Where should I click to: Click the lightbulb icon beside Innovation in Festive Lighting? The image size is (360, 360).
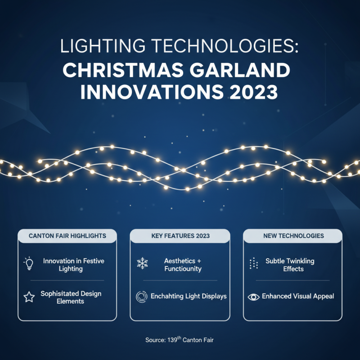[x=28, y=264]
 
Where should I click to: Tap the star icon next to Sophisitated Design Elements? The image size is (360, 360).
[x=28, y=297]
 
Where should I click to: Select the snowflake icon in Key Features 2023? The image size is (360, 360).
[x=142, y=264]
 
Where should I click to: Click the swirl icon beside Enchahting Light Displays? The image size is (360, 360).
[x=142, y=297]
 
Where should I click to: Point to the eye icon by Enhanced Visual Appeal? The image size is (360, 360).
[x=254, y=297]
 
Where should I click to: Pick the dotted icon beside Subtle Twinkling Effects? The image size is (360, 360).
[x=253, y=264]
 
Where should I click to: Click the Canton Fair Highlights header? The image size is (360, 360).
[x=67, y=235]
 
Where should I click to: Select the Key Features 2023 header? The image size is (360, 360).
[x=180, y=235]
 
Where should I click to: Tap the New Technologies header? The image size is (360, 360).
[x=293, y=235]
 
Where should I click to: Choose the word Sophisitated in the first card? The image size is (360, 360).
[x=60, y=293]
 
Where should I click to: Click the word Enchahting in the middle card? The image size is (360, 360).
[x=171, y=297]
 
